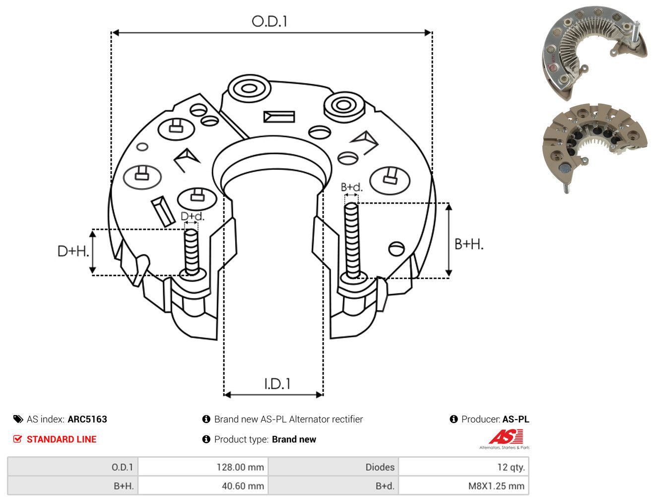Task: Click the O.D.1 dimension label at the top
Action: click(269, 22)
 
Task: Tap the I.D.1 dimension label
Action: click(277, 384)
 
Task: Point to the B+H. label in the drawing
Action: click(468, 244)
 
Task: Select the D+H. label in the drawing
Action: click(73, 251)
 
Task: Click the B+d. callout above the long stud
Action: click(352, 187)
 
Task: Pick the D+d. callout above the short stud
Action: click(193, 216)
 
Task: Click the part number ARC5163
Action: click(87, 419)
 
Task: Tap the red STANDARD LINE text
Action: click(62, 439)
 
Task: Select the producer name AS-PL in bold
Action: click(516, 419)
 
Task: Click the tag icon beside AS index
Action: click(18, 419)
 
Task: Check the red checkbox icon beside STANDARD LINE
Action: click(17, 439)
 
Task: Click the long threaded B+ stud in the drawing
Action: click(352, 240)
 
